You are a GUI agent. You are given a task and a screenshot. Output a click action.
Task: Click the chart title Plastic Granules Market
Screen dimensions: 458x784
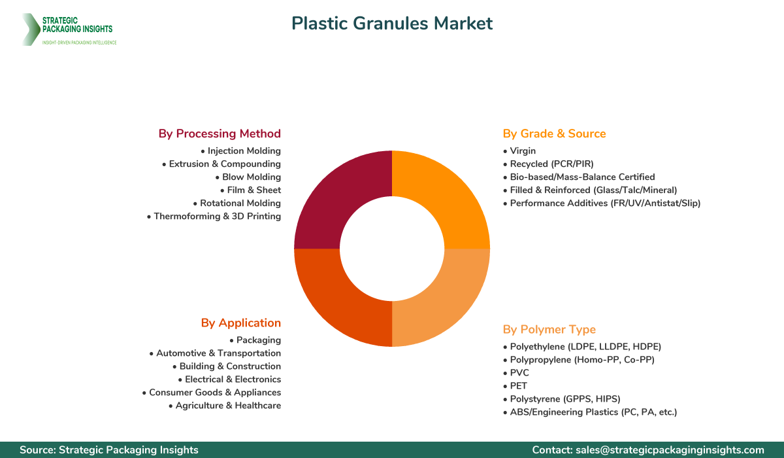coord(392,24)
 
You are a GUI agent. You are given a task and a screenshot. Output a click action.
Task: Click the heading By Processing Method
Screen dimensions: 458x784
coord(220,133)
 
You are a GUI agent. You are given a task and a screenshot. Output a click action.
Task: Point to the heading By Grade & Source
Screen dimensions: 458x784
coord(554,133)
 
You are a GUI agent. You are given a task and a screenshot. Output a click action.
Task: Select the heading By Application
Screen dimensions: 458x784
coord(240,323)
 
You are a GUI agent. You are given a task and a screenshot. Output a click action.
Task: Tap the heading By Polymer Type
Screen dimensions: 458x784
coord(549,329)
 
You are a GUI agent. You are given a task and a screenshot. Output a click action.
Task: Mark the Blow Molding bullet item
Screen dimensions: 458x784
coord(248,177)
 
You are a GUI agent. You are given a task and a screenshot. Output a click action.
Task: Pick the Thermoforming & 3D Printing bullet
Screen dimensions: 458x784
coord(214,217)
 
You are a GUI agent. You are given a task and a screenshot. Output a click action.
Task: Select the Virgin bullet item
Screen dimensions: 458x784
coord(519,151)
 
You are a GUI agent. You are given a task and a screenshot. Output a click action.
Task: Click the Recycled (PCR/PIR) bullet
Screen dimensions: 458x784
coord(548,164)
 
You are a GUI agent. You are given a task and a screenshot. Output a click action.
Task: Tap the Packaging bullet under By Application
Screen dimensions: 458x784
coord(255,340)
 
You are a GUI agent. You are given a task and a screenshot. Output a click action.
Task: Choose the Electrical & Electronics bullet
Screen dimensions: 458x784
coord(229,379)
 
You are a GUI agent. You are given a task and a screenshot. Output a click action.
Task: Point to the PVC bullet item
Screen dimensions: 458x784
coord(516,373)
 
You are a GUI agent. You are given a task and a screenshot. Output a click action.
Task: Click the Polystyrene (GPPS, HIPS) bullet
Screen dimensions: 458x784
coord(561,399)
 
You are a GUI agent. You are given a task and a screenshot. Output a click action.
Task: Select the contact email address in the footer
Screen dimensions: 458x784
coord(670,450)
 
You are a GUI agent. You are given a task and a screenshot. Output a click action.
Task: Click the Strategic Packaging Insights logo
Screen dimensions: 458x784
coord(69,29)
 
